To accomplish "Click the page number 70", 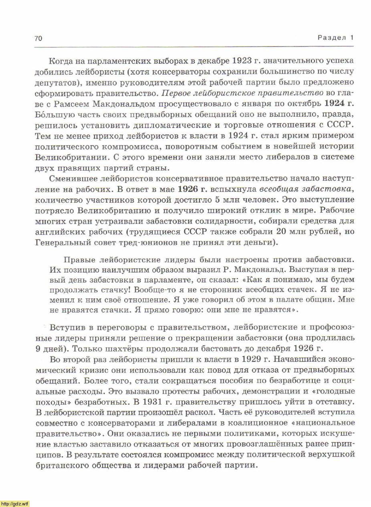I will [x=38, y=39].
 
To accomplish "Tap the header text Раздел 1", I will [x=336, y=38].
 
